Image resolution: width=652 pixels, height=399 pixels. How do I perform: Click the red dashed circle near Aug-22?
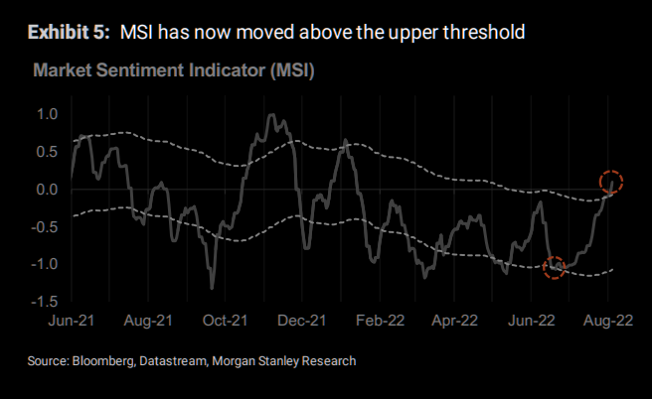pyautogui.click(x=611, y=183)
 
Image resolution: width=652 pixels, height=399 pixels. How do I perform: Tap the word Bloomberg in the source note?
pyautogui.click(x=104, y=361)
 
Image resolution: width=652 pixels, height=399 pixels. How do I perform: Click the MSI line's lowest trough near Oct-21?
pyautogui.click(x=212, y=288)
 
